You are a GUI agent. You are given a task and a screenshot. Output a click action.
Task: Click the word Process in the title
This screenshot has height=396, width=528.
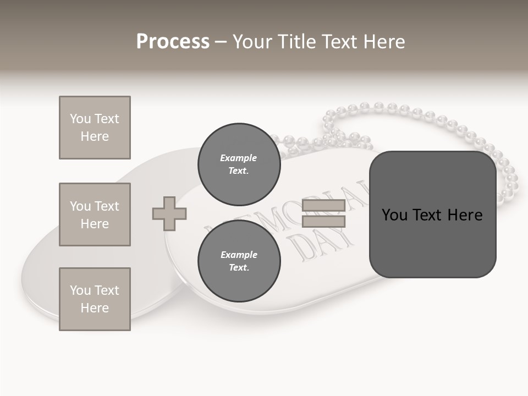[x=173, y=42]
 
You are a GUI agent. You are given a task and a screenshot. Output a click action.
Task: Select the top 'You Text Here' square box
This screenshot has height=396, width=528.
[x=95, y=128]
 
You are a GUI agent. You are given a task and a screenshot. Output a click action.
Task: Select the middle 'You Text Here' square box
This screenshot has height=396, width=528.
[x=95, y=215]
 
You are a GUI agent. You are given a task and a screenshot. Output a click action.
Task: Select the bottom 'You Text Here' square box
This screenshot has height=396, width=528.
[x=95, y=299]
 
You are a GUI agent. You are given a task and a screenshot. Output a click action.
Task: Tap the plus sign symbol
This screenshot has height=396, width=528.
[x=169, y=213]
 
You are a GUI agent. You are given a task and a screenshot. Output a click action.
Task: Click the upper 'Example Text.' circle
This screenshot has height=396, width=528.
[x=239, y=164]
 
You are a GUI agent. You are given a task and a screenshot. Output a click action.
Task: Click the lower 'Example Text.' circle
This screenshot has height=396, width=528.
[x=239, y=261]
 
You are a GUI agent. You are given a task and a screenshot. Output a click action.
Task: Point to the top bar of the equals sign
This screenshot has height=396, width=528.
[x=323, y=206]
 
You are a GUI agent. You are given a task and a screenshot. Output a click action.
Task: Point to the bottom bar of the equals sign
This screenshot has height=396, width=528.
[x=323, y=221]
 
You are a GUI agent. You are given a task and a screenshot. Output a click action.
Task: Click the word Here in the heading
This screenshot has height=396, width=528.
[x=383, y=42]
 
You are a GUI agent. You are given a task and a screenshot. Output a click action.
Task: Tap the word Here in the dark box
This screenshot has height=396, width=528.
[x=465, y=215]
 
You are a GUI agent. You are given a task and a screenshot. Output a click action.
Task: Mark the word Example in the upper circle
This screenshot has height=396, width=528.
[x=239, y=158]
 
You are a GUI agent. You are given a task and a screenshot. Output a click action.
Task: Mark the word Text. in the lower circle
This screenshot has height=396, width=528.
[x=239, y=267]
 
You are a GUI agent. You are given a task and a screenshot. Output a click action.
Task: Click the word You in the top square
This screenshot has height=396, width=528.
[x=80, y=119]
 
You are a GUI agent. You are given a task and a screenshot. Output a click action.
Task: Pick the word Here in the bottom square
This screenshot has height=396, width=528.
[x=95, y=308]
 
